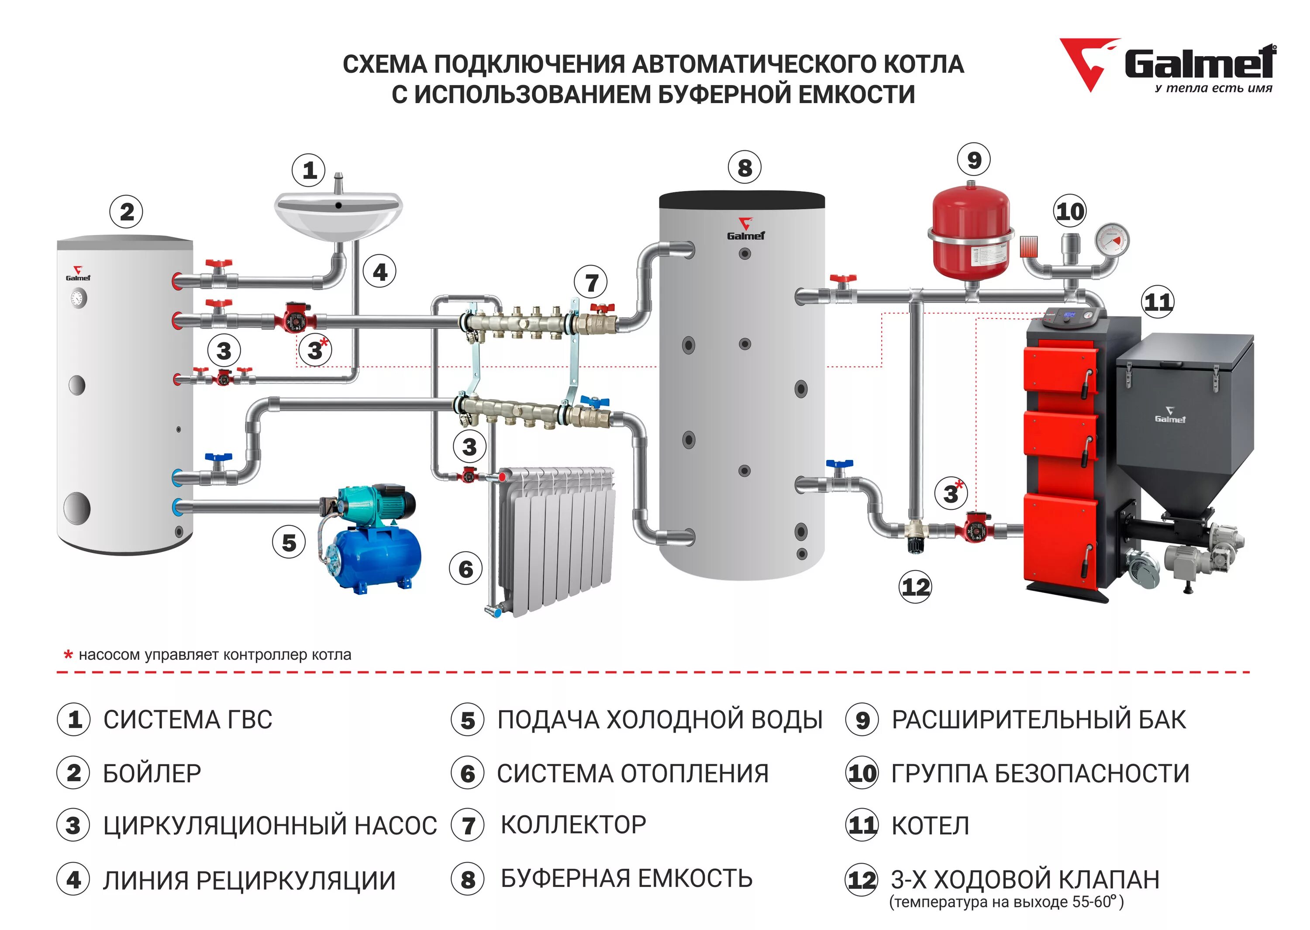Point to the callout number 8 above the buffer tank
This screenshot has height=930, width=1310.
744,168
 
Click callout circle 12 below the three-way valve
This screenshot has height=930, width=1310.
915,587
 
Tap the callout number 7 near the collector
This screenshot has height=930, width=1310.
592,282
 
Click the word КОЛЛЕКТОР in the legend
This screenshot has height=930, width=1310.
573,825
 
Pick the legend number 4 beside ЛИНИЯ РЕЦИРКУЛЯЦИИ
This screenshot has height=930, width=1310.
73,880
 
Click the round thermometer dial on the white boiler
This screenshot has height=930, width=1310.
78,298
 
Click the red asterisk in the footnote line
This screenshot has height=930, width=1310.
68,654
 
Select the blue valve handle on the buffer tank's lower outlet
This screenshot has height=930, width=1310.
839,464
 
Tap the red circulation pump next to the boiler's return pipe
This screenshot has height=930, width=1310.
975,527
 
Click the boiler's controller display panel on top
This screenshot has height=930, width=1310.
1069,316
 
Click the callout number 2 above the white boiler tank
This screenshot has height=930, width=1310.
127,212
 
